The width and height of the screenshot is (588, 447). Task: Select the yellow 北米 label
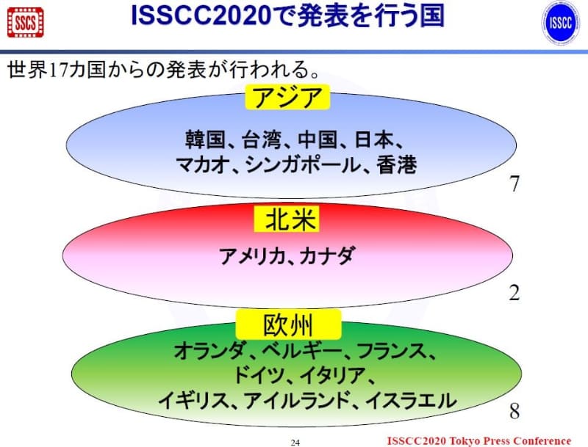(x=290, y=219)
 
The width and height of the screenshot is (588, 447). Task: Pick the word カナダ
(x=328, y=257)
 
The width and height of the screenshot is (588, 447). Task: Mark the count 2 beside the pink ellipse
(x=514, y=294)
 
